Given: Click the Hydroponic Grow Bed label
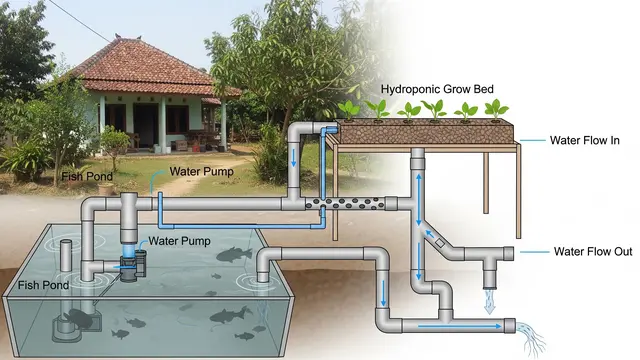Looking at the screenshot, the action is click(x=437, y=89).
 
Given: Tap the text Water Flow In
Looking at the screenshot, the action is click(x=584, y=140).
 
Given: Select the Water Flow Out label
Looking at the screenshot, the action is click(x=593, y=251).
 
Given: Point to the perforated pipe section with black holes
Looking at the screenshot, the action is click(x=345, y=203).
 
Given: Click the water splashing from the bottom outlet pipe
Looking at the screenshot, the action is click(x=531, y=338).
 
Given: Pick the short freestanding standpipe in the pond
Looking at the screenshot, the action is click(x=66, y=256).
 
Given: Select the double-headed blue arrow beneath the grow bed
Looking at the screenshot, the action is click(x=418, y=200).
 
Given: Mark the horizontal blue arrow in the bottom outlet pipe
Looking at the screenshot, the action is click(x=460, y=326).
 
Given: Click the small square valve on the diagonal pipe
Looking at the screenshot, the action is click(x=440, y=242).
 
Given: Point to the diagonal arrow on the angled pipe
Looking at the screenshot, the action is click(x=429, y=234).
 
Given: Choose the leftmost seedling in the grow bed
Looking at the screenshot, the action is click(x=349, y=111).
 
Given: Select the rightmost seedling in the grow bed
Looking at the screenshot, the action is click(x=496, y=110).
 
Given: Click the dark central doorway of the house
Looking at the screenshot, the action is click(x=145, y=125).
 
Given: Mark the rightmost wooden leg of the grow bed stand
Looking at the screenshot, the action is click(x=518, y=191).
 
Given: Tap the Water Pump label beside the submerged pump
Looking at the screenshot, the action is click(x=179, y=241).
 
